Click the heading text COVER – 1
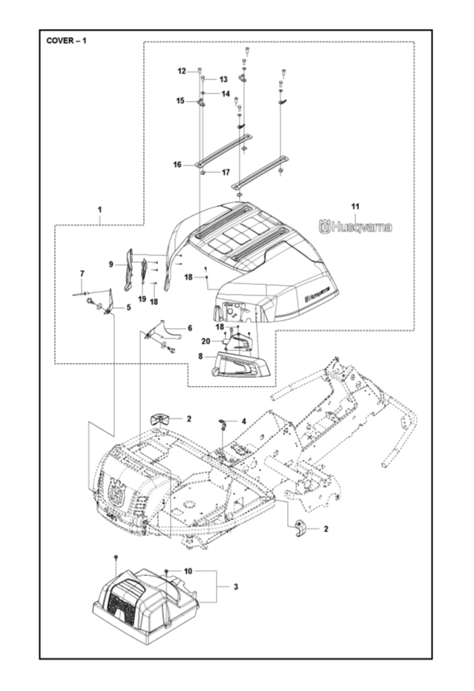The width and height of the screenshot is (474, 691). tap(67, 40)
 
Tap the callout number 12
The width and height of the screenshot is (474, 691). tap(182, 71)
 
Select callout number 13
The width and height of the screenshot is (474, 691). tap(223, 79)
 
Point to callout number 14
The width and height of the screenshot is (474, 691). tap(226, 94)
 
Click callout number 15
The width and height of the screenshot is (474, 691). tap(180, 101)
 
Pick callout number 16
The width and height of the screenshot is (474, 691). tap(177, 165)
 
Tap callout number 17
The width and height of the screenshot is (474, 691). tap(226, 172)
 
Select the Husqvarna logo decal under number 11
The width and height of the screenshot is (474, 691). tap(355, 227)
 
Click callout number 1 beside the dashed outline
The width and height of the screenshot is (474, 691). tap(99, 209)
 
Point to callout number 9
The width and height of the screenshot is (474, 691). tap(111, 264)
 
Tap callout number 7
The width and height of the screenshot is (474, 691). tap(82, 275)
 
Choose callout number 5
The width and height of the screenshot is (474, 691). tap(128, 307)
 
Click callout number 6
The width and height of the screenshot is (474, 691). tap(189, 327)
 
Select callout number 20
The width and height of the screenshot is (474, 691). tap(206, 341)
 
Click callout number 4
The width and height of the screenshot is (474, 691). tap(243, 421)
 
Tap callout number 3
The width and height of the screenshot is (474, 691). tap(235, 586)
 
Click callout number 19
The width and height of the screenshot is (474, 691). tap(142, 298)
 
